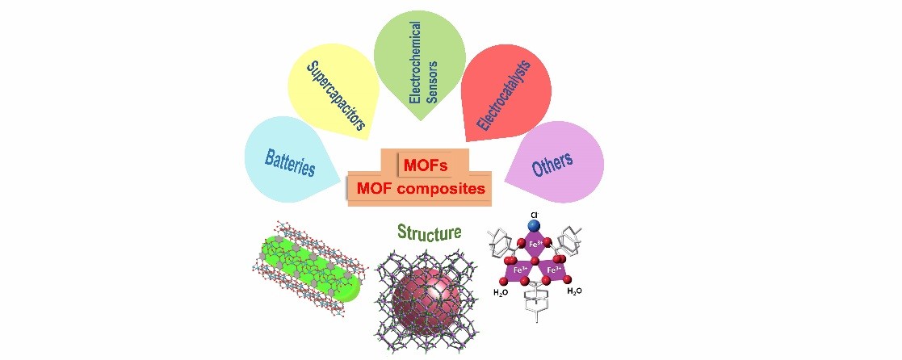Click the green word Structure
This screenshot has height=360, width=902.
[429, 233]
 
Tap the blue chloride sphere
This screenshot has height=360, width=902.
[535, 224]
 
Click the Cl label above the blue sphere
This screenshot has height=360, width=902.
[535, 214]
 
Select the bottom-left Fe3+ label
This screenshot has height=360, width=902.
[518, 271]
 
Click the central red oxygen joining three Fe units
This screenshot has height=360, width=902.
[535, 261]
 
